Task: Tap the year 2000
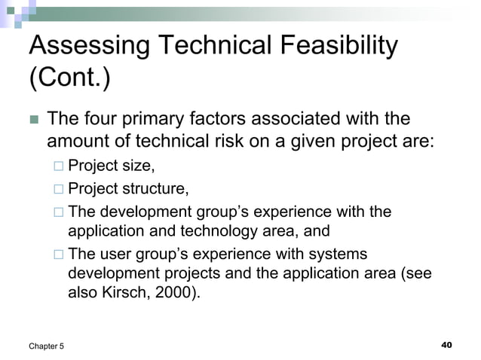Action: [x=177, y=294]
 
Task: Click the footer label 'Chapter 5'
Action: [x=47, y=345]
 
